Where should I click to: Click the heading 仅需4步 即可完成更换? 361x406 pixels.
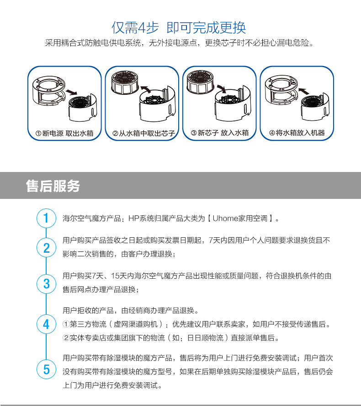click(x=179, y=28)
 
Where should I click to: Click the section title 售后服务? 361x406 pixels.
click(x=53, y=186)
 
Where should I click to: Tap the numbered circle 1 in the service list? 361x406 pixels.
click(x=46, y=218)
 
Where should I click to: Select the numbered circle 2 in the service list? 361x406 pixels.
click(x=46, y=248)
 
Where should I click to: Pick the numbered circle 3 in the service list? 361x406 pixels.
click(x=46, y=284)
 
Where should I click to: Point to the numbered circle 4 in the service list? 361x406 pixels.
click(x=46, y=324)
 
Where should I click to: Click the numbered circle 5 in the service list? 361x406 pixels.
click(x=46, y=369)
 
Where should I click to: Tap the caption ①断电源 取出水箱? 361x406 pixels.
click(x=64, y=133)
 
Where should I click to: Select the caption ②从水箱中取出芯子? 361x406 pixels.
click(x=143, y=133)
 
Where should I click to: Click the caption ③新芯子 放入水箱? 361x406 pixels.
click(x=220, y=133)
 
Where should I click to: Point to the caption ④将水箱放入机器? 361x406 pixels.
click(x=297, y=133)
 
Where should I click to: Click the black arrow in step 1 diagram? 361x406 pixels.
click(x=71, y=92)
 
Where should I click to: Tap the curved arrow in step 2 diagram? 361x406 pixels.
click(x=147, y=89)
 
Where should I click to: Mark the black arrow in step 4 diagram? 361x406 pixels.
click(x=304, y=91)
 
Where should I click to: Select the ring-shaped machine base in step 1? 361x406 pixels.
click(x=48, y=90)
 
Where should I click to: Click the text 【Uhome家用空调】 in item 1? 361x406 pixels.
click(x=240, y=219)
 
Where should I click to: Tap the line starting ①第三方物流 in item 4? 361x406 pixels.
click(x=196, y=324)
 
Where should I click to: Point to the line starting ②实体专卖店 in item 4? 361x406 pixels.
click(x=170, y=338)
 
